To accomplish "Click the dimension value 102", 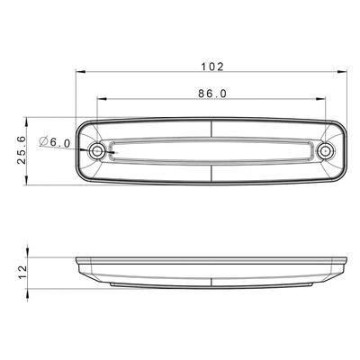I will [x=213, y=66].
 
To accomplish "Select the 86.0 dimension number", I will [x=212, y=93].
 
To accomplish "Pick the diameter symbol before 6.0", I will [x=45, y=142].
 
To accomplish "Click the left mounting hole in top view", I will [x=97, y=151].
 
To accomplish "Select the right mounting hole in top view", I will [x=327, y=151].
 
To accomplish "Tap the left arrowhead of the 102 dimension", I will [x=78, y=73].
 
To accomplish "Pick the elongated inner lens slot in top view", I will [x=212, y=151].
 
